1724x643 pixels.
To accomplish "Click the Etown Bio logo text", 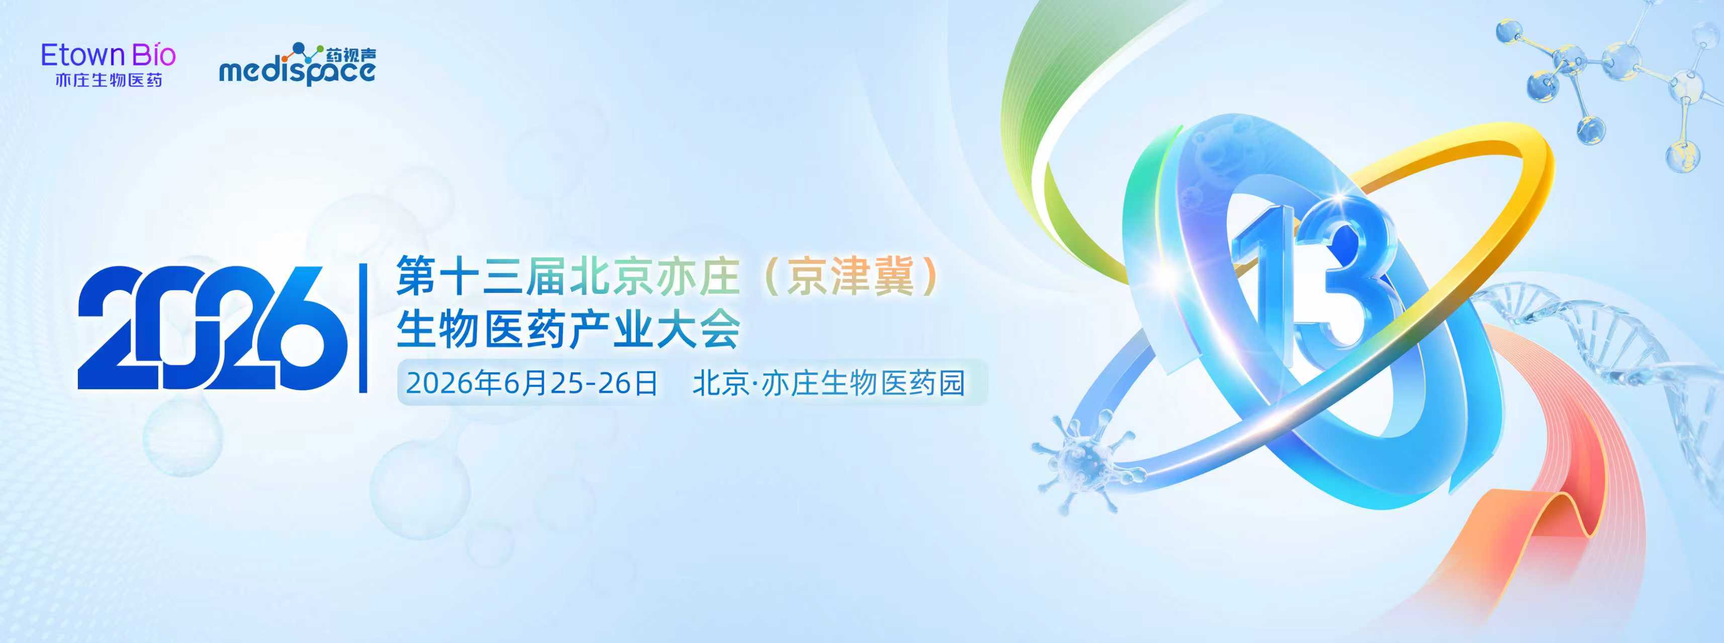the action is [x=109, y=56].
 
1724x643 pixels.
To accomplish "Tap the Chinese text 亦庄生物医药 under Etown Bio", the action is [x=109, y=81].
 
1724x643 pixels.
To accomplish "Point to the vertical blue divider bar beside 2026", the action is [x=363, y=328].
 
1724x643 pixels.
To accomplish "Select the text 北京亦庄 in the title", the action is [x=654, y=276].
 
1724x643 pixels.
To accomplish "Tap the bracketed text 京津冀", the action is [x=850, y=276].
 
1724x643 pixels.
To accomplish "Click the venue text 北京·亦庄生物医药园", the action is [x=828, y=383].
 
